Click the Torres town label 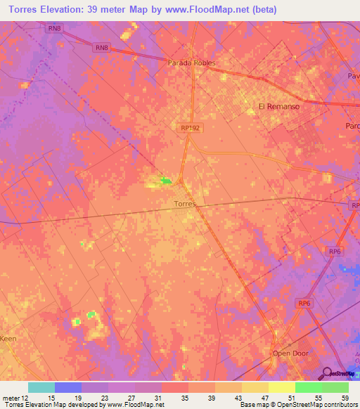tap(184, 204)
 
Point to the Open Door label tap(290, 353)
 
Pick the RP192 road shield tap(189, 128)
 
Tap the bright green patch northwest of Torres tap(166, 181)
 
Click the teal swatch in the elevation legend tap(41, 387)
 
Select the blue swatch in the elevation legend tap(68, 387)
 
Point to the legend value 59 tap(344, 397)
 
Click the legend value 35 tap(184, 397)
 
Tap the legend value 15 tap(50, 397)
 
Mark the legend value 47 tap(264, 397)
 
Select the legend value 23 tap(103, 397)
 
